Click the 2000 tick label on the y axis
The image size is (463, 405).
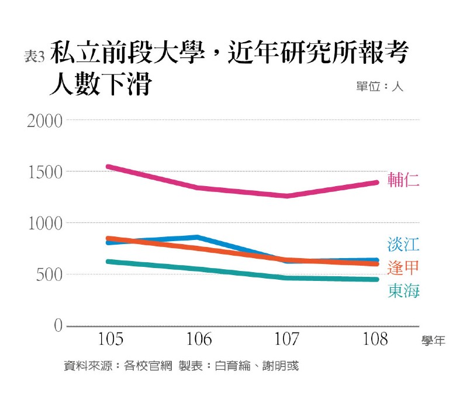pyautogui.click(x=44, y=121)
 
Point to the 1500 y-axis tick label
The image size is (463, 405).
pyautogui.click(x=44, y=172)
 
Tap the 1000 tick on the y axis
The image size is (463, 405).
pyautogui.click(x=44, y=224)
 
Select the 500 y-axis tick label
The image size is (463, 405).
pyautogui.click(x=49, y=274)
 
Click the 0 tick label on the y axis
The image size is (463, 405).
pyautogui.click(x=58, y=325)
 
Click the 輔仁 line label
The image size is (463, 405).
pyautogui.click(x=403, y=181)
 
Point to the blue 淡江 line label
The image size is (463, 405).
pyautogui.click(x=403, y=243)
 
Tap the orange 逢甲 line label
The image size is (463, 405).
pyautogui.click(x=403, y=267)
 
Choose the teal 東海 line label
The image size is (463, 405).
pyautogui.click(x=403, y=291)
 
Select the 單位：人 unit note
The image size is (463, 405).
pyautogui.click(x=379, y=86)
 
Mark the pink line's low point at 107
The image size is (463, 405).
pyautogui.click(x=286, y=195)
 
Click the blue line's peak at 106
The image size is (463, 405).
pyautogui.click(x=198, y=237)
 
